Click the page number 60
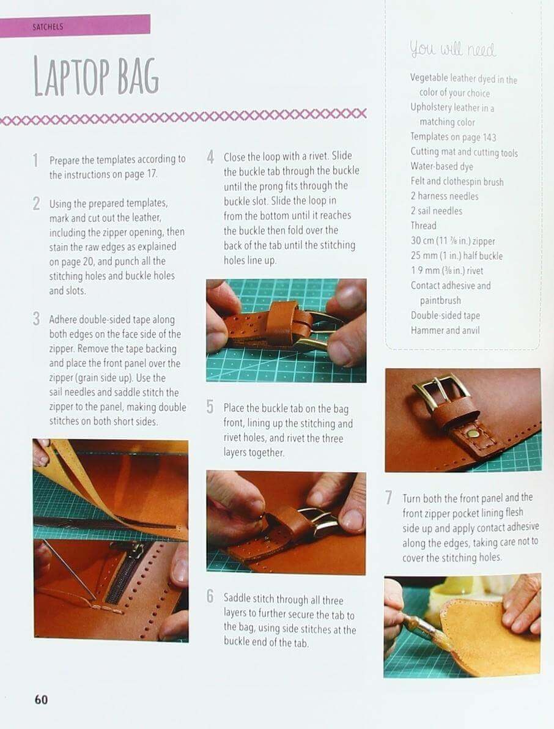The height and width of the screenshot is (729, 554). coord(41,699)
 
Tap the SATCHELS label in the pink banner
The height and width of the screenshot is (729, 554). coord(48,26)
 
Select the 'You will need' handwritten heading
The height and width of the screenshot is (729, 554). coord(452,49)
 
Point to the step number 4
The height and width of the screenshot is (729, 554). coord(210,157)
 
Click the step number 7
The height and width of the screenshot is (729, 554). coord(388,498)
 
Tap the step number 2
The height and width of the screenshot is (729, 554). coord(36,204)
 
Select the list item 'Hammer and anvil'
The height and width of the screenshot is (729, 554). coord(445,331)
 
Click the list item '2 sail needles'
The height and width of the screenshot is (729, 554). coord(436,211)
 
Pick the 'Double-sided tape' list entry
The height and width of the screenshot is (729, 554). coord(445,316)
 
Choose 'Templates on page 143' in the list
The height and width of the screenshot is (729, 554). coord(453,137)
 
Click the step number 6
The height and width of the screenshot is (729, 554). coord(210,596)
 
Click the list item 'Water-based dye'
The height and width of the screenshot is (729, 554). coord(441,166)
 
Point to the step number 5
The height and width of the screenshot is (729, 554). coord(210,407)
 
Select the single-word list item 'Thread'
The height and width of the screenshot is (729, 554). coord(423,226)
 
